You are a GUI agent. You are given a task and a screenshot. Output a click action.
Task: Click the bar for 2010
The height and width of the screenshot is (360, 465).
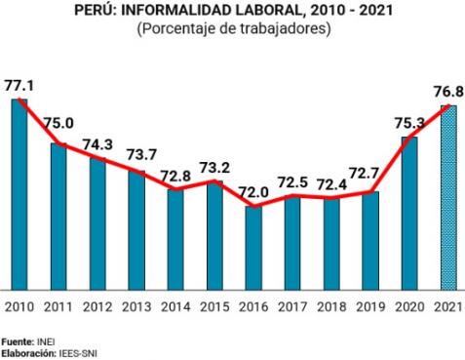pos(19,194)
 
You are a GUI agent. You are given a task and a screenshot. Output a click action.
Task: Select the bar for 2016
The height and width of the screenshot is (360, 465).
pos(253,248)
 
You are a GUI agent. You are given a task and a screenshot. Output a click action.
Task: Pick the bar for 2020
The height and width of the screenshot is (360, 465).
pos(408,213)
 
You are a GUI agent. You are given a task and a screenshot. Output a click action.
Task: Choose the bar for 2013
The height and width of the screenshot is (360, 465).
pos(136,230)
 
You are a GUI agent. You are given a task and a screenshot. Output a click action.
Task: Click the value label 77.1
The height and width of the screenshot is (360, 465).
pos(19,86)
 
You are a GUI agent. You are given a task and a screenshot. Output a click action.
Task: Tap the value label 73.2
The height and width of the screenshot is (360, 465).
pos(213,167)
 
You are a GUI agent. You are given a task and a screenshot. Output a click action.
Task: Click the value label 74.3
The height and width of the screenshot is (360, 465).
pos(97,142)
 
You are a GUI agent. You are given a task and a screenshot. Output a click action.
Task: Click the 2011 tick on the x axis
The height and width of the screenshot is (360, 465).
pos(58,307)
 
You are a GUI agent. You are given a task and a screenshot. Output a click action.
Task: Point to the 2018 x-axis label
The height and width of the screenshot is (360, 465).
pos(330,307)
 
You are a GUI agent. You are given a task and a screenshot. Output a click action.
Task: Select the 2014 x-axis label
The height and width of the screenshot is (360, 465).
pos(175,307)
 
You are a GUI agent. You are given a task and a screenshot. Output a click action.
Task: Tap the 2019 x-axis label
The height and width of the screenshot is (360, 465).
pos(369,307)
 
